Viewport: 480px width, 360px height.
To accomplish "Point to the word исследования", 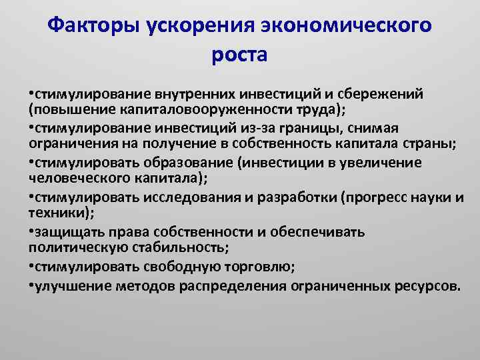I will [x=184, y=197].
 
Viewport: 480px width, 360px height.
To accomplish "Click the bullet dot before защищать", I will [x=32, y=231].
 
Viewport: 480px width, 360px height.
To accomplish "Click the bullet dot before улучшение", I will [x=32, y=286].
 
